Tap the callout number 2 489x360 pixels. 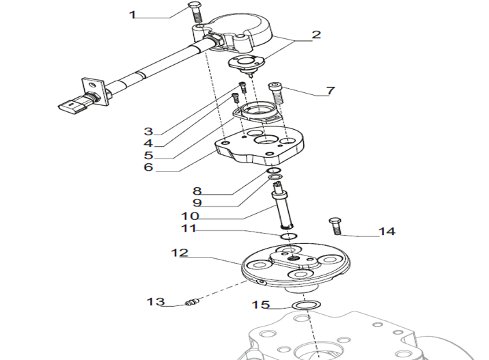[316, 35]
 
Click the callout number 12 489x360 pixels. [179, 253]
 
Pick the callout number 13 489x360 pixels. [156, 301]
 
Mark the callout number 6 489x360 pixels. [148, 167]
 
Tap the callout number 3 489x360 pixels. [148, 130]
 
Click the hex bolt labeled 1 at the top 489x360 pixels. [193, 11]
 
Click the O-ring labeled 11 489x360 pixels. [288, 236]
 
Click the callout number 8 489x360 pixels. [197, 191]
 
